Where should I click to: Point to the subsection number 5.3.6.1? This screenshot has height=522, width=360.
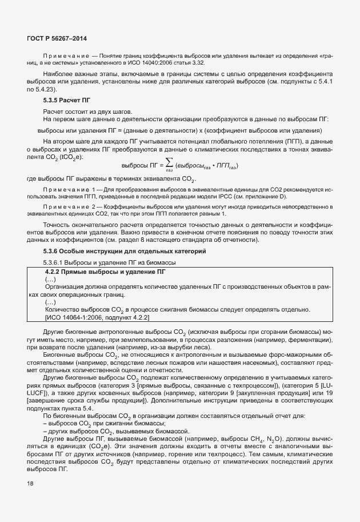pyautogui.click(x=58, y=262)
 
